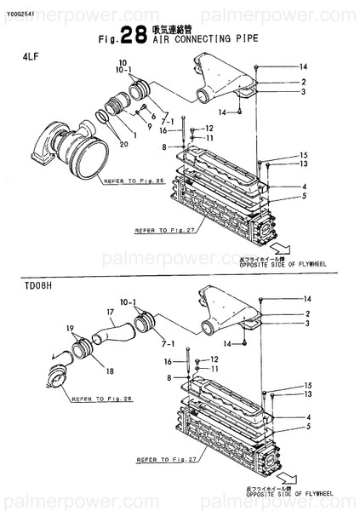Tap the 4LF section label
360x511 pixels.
(x=29, y=55)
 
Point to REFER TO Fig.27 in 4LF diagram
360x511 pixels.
(x=161, y=230)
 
